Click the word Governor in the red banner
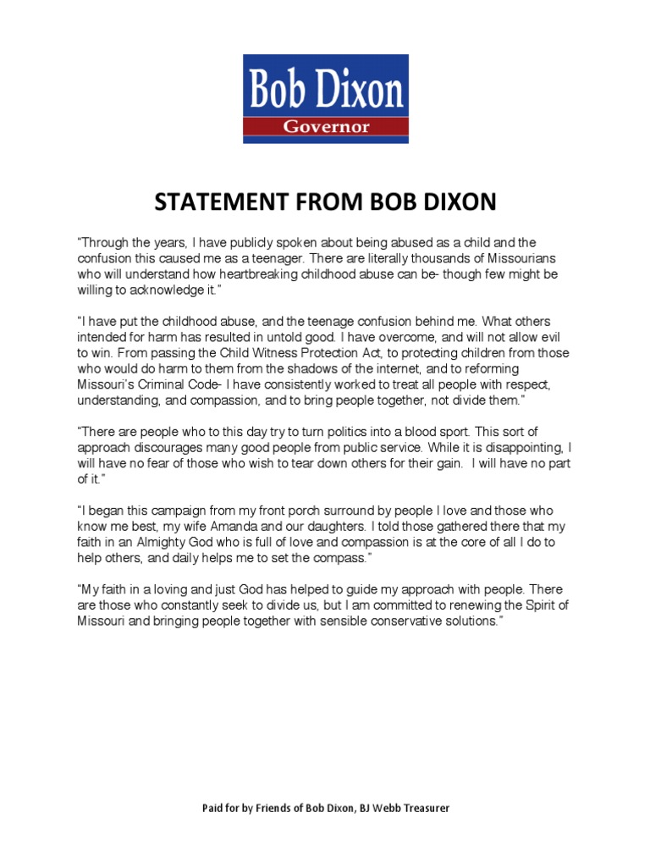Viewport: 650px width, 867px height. [x=325, y=127]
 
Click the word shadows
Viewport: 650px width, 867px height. [x=269, y=369]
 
